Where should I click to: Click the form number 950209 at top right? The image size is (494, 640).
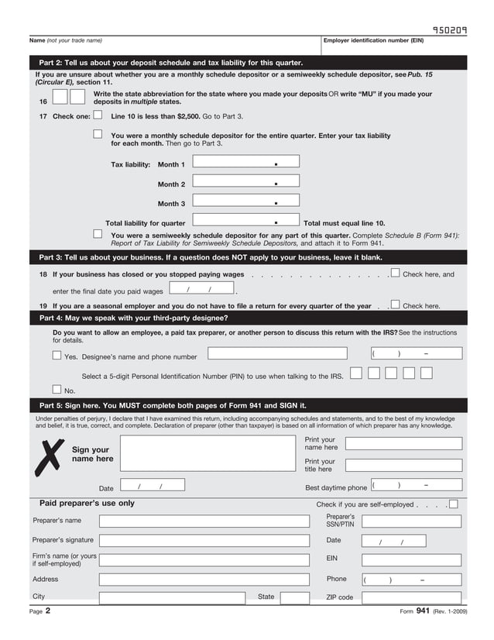[449, 31]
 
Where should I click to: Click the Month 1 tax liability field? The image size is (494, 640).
[245, 163]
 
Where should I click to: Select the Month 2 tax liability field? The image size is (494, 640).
[245, 183]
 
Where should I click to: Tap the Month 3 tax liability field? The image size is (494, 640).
[245, 202]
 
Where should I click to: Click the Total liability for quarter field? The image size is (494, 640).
[245, 222]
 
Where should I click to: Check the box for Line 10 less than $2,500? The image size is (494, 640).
[98, 115]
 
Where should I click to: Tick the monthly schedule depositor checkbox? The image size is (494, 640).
[98, 134]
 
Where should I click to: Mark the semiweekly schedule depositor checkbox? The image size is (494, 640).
[98, 233]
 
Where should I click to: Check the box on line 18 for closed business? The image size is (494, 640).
[396, 273]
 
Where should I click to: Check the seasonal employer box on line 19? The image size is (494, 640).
[396, 305]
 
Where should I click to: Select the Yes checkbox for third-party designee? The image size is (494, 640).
[57, 356]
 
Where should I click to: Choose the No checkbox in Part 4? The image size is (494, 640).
[57, 390]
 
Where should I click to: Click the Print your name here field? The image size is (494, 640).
[403, 444]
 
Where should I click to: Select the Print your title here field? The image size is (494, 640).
[403, 465]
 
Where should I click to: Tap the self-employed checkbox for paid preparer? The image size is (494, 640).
[453, 504]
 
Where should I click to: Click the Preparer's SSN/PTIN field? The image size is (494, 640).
[411, 521]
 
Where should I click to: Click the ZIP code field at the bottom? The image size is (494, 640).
[411, 597]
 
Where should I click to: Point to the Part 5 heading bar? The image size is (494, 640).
[247, 405]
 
